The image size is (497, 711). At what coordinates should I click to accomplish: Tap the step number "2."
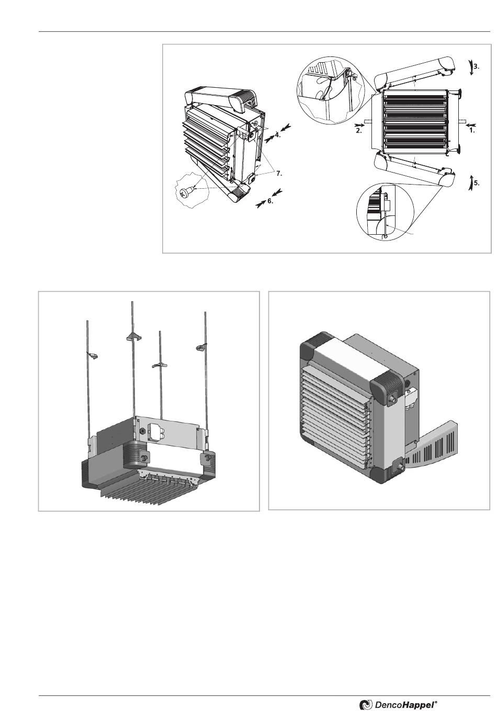pyautogui.click(x=358, y=131)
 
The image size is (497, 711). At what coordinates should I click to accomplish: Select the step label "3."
pyautogui.click(x=476, y=66)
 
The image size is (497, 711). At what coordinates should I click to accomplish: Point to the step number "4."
pyautogui.click(x=278, y=134)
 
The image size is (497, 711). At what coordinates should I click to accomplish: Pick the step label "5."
pyautogui.click(x=477, y=184)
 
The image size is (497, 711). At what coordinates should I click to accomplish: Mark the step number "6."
pyautogui.click(x=270, y=200)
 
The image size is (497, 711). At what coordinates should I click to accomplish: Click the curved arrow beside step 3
pyautogui.click(x=470, y=68)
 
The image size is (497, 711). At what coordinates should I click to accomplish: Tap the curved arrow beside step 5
pyautogui.click(x=470, y=182)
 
